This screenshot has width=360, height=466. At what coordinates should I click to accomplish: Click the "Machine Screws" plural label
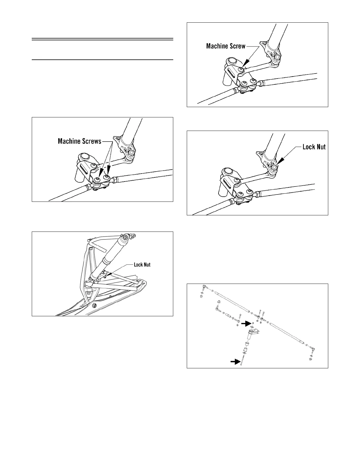[x=79, y=141]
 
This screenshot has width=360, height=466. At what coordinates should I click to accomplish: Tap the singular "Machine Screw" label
[x=226, y=46]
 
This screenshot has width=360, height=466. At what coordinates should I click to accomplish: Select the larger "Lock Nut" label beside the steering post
[x=314, y=147]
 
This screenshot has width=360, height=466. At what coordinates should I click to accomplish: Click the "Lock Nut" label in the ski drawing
[x=142, y=265]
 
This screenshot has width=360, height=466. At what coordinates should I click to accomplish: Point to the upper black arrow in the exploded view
[x=246, y=324]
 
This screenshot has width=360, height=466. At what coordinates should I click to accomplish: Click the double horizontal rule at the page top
[x=102, y=39]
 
